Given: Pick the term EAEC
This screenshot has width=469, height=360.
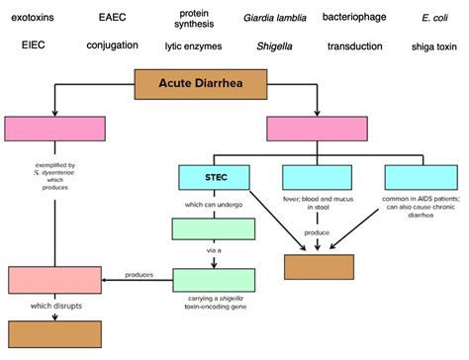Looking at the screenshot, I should pyautogui.click(x=113, y=18).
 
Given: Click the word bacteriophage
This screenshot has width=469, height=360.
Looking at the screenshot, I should pyautogui.click(x=361, y=18).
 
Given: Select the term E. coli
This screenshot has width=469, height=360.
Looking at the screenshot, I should pyautogui.click(x=433, y=18).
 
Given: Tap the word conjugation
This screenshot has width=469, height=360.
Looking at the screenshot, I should pyautogui.click(x=112, y=45).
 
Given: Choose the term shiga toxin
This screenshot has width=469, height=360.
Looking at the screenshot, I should pyautogui.click(x=433, y=45).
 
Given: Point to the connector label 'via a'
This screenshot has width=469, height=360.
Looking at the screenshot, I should pyautogui.click(x=212, y=254).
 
